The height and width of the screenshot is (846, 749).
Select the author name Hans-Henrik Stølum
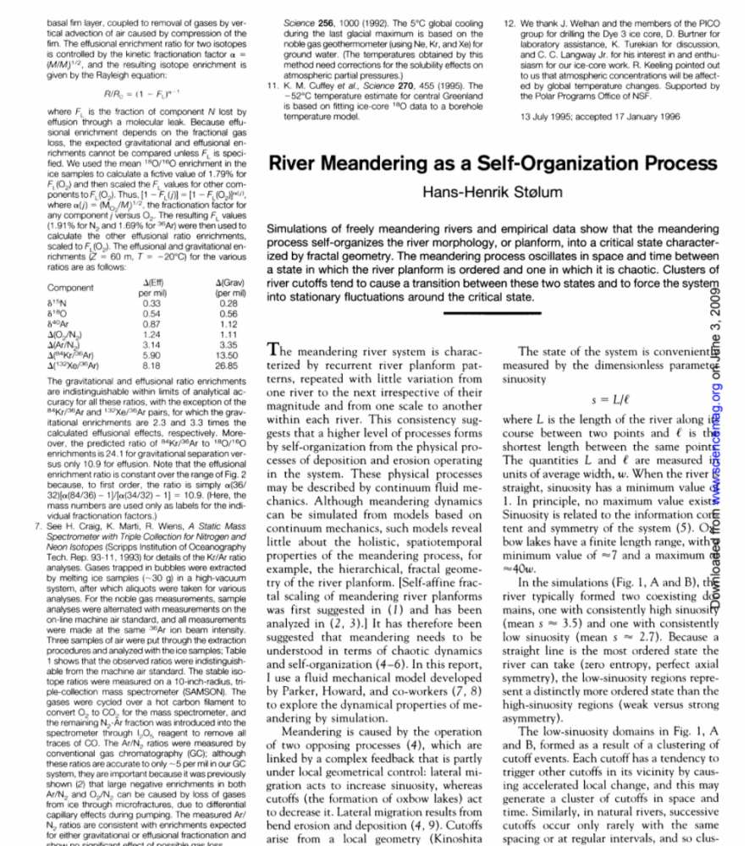point(492,193)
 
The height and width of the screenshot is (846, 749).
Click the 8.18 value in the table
point(152,365)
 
